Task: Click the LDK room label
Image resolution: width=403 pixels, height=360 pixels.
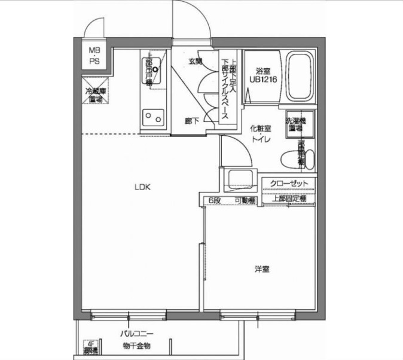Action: (x=142, y=187)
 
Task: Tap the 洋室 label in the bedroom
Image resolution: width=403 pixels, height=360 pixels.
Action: (x=261, y=269)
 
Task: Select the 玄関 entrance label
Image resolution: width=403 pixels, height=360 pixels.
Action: (x=195, y=61)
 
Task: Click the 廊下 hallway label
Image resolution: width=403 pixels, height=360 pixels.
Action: (x=192, y=120)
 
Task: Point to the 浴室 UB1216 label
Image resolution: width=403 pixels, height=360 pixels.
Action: (x=263, y=74)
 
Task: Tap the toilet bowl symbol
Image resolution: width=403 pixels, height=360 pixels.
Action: (x=291, y=160)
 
